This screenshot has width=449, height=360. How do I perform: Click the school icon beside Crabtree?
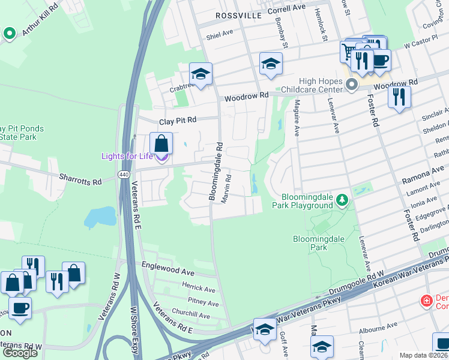tap(200, 74)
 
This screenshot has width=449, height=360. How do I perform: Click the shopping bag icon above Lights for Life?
tap(161, 144)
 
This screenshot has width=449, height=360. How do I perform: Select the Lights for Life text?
tap(127, 157)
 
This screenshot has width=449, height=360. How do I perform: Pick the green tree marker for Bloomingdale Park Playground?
tap(342, 200)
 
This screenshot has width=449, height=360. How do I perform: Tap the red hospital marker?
tap(426, 300)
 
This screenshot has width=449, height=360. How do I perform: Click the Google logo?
tap(20, 353)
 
